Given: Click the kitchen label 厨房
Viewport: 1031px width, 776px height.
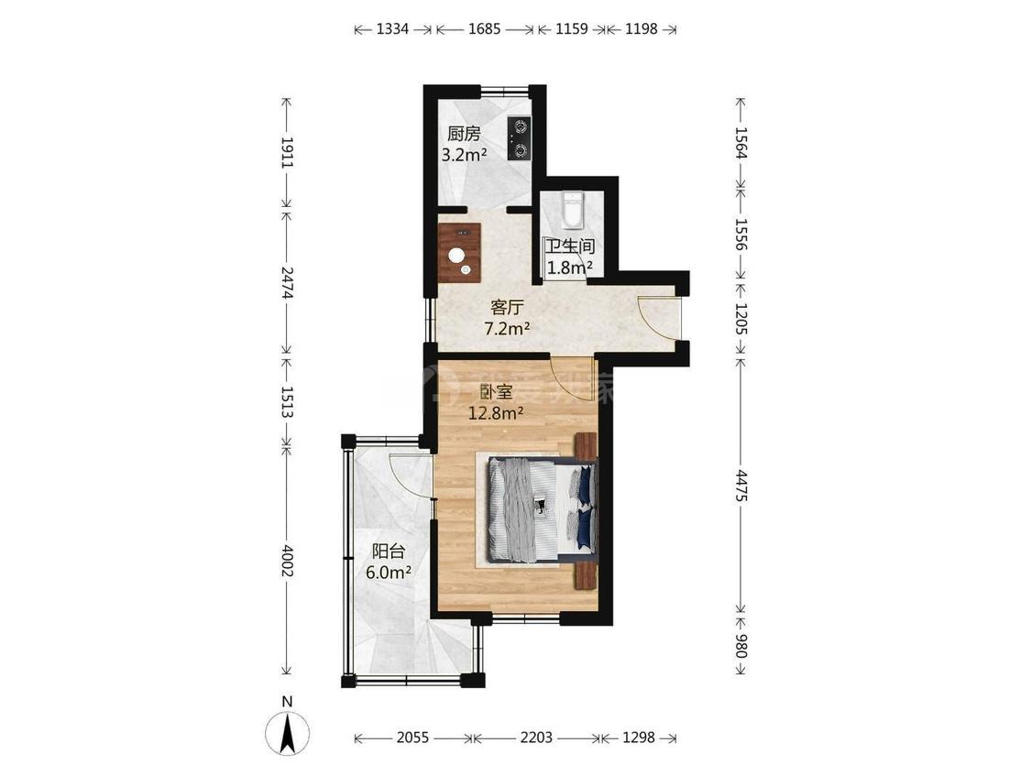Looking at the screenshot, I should click(x=464, y=134).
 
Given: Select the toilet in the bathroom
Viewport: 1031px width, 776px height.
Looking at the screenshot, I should click(x=571, y=211).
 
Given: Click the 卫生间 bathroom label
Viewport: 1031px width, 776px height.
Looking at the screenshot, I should click(x=570, y=246).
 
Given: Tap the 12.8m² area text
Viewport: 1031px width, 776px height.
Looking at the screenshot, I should click(x=495, y=412).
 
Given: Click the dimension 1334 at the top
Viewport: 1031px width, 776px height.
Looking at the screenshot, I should click(x=392, y=29).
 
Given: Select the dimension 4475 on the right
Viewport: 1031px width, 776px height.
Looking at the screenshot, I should click(x=741, y=482).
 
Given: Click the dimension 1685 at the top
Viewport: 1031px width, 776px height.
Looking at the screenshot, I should click(x=484, y=29).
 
